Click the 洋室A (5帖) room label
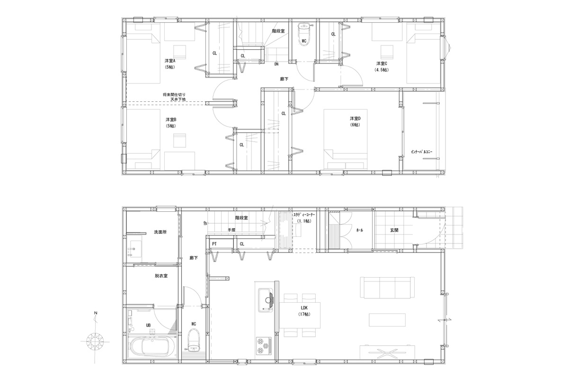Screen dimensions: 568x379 (x=170, y=64)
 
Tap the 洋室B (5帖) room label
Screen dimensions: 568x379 (x=171, y=123)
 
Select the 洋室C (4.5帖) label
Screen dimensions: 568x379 (x=382, y=66)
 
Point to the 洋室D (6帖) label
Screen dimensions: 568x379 (x=355, y=122)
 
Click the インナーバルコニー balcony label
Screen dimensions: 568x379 (x=422, y=152)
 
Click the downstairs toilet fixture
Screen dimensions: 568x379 (x=194, y=340)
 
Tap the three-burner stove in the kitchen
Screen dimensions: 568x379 (x=264, y=345)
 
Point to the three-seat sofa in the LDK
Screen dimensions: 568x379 (x=388, y=288)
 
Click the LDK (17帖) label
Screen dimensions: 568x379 (x=304, y=311)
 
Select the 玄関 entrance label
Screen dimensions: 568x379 (x=394, y=230)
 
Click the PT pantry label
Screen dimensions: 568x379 (x=214, y=244)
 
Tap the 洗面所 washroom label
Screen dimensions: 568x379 (x=160, y=232)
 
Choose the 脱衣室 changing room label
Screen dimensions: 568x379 (x=161, y=276)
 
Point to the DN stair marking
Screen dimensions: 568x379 (x=276, y=64)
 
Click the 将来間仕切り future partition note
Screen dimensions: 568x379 (x=174, y=97)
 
